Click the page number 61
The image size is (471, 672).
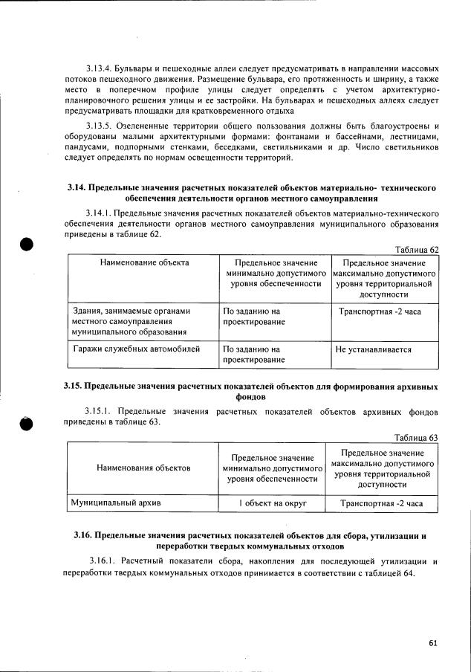coord(433,644)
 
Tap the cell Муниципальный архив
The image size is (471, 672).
coord(116,503)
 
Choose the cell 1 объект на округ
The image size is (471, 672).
coord(273,503)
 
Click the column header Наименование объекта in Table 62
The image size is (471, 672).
coord(143,262)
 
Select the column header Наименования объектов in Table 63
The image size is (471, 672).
coord(143,468)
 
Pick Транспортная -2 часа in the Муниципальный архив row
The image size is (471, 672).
coord(381,503)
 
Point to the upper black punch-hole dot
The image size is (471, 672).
coord(27,245)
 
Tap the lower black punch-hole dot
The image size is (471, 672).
coord(27,423)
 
